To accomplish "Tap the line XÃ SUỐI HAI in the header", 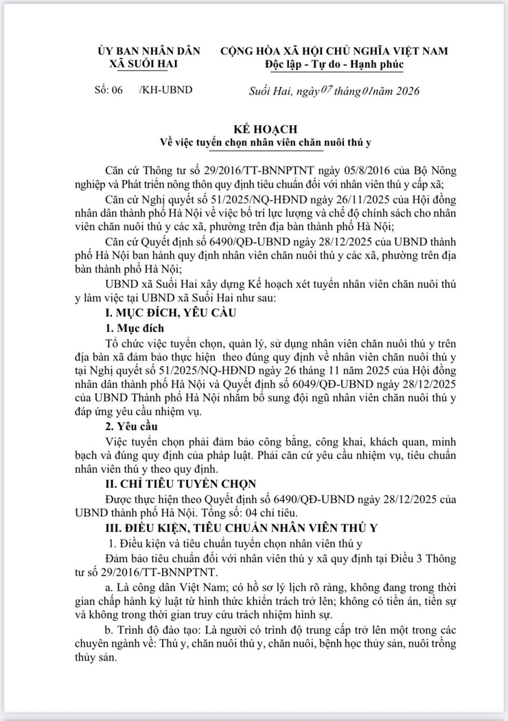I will [149, 64].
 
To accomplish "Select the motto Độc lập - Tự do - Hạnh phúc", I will [334, 64].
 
